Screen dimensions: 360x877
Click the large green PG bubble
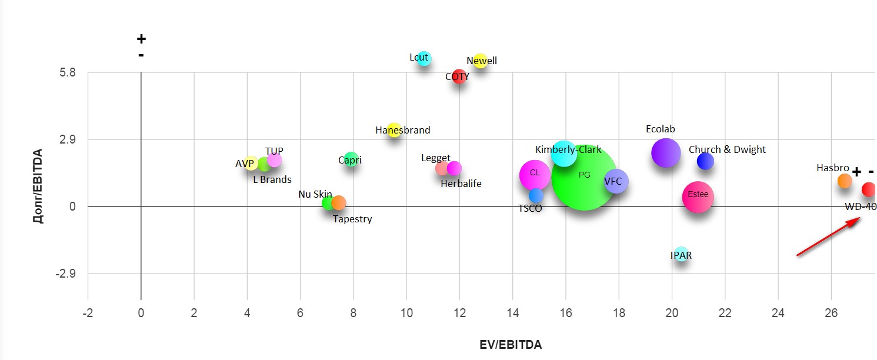pyautogui.click(x=584, y=177)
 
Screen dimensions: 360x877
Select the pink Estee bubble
pyautogui.click(x=698, y=197)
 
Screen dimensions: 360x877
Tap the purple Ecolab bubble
pyautogui.click(x=666, y=153)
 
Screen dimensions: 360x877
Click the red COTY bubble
pyautogui.click(x=459, y=76)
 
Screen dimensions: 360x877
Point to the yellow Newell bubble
pyautogui.click(x=481, y=61)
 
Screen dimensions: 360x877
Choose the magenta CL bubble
pyautogui.click(x=535, y=175)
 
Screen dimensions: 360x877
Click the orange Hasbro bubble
pyautogui.click(x=845, y=181)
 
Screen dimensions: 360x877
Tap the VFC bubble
pyautogui.click(x=616, y=182)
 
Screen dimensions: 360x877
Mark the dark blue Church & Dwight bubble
pyautogui.click(x=705, y=161)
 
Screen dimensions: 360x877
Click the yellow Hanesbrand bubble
pyautogui.click(x=394, y=130)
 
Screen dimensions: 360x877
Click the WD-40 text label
pyautogui.click(x=861, y=206)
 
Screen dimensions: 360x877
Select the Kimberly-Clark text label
pyautogui.click(x=568, y=149)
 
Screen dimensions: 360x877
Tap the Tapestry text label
pyautogui.click(x=352, y=219)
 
